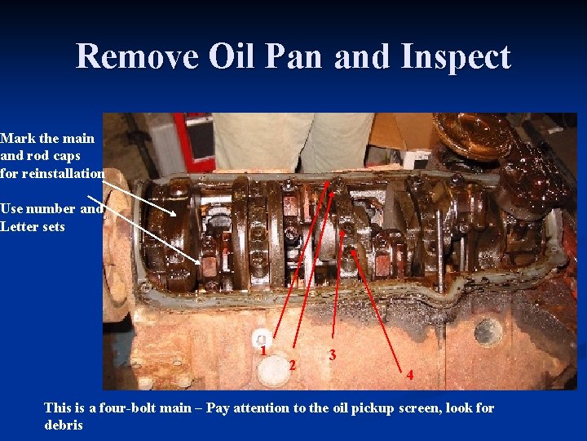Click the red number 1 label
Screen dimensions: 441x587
(x=265, y=350)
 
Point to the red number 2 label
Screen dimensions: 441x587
(x=292, y=364)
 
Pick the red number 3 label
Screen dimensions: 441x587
(x=332, y=355)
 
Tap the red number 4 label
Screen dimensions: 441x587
(x=410, y=376)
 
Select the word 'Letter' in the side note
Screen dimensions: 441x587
(x=19, y=226)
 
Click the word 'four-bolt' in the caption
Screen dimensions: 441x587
(x=126, y=408)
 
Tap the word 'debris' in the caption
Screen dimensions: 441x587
(x=64, y=425)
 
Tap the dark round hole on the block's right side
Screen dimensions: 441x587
(x=488, y=330)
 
